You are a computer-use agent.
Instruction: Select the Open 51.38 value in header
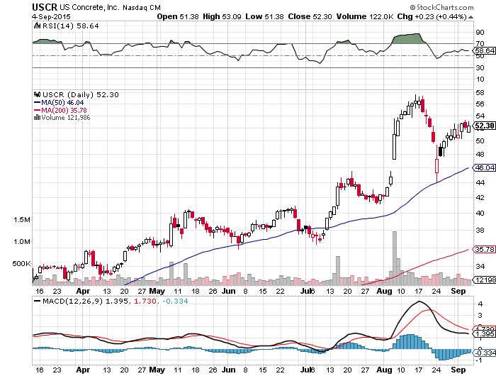177,16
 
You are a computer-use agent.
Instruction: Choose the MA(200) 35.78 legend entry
63,110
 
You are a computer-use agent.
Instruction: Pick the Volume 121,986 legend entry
65,118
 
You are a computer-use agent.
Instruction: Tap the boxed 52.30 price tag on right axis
483,126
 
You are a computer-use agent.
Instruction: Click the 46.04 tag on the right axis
483,168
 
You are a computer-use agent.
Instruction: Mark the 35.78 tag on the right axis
483,249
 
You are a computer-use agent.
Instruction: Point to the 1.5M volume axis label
21,221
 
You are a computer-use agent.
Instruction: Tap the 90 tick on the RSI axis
479,33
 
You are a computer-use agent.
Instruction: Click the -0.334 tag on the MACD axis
483,353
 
